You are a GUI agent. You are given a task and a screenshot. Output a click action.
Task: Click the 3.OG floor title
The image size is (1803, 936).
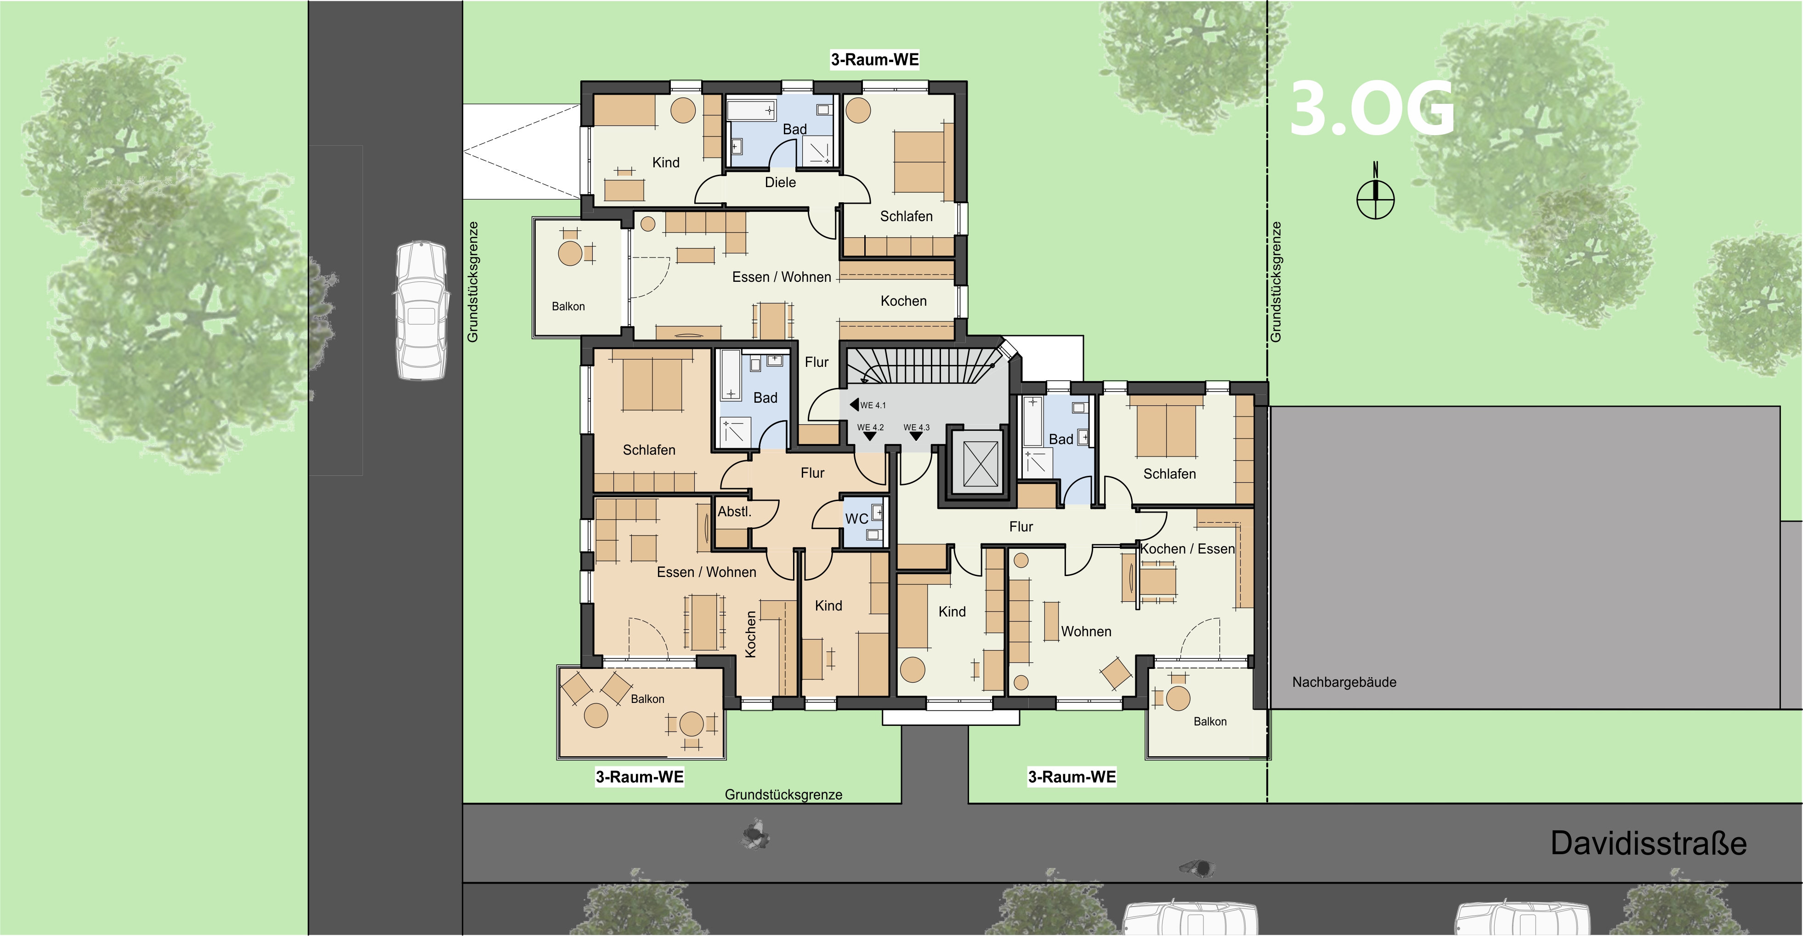point(1372,108)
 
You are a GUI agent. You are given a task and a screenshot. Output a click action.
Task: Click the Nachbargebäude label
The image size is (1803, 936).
point(1344,682)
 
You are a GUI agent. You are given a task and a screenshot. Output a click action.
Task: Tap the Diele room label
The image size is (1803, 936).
point(780,182)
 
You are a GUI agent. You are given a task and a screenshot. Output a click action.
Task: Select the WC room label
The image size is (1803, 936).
point(857,519)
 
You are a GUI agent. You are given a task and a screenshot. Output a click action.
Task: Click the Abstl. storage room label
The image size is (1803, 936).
point(734,512)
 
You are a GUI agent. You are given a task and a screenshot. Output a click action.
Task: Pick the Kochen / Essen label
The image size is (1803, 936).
point(1187,549)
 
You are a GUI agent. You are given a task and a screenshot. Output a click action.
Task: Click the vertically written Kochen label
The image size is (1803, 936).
point(750,634)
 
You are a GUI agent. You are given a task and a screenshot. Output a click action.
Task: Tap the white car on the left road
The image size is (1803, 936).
point(421,311)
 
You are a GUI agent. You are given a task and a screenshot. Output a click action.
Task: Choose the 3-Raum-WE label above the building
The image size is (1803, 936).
point(875,59)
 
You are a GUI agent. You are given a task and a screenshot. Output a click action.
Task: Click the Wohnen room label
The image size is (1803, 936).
point(1086,632)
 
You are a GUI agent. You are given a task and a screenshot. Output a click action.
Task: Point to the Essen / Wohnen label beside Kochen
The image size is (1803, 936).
point(782,277)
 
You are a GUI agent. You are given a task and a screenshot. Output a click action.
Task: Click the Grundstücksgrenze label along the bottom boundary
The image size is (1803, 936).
point(783,794)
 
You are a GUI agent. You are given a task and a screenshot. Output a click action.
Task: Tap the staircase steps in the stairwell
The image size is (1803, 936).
point(924,365)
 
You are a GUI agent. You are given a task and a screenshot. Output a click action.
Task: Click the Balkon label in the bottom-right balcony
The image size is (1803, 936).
point(1210,722)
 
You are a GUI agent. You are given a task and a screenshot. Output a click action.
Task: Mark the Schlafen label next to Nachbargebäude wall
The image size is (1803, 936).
point(1169,474)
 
